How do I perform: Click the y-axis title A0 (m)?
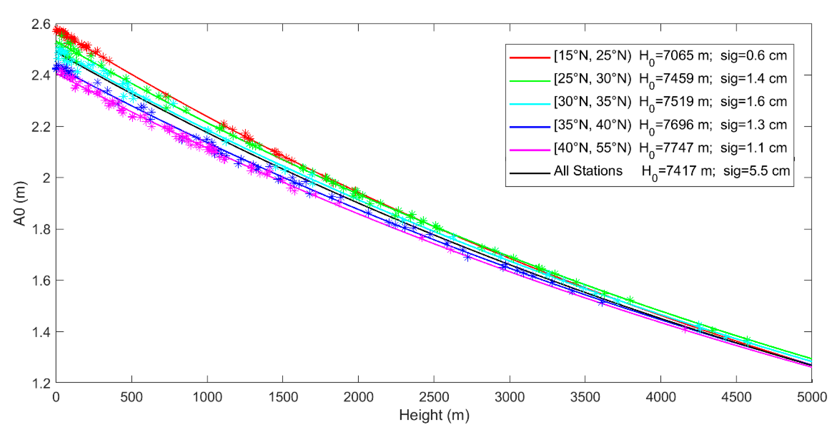20,203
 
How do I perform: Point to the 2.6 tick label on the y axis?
41,25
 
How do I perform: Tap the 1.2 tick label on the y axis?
41,384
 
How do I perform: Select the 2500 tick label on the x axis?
434,397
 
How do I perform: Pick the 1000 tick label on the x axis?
207,397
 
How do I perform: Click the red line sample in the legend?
530,57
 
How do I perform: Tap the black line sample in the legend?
530,173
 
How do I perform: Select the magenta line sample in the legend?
530,150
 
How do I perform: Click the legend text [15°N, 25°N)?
592,56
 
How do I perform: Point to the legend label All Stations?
588,171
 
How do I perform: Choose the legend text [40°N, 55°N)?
592,148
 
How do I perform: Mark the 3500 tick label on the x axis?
585,397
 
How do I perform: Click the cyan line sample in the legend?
530,104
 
